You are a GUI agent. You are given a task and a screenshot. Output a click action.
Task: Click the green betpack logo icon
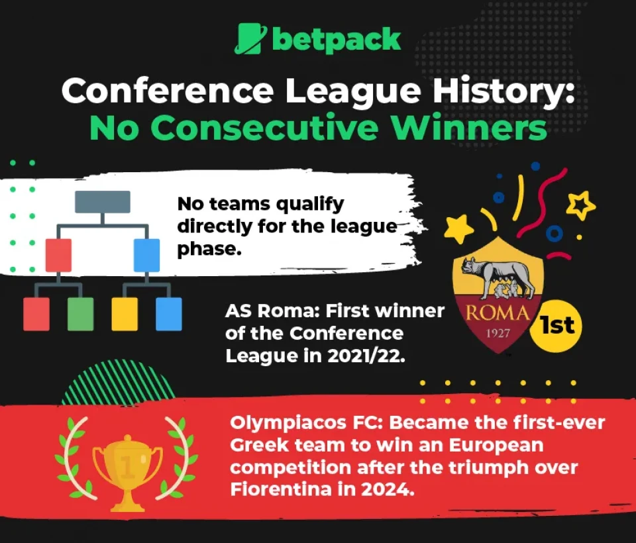click(x=250, y=39)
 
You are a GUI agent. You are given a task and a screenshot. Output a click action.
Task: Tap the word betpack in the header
click(x=336, y=40)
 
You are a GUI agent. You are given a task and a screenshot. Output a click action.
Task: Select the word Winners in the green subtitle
click(x=478, y=128)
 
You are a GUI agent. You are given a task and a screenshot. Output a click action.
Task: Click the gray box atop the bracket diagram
click(x=102, y=202)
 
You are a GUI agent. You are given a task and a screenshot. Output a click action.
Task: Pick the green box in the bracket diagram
click(x=80, y=314)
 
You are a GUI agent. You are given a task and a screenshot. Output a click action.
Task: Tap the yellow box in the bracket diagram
click(x=125, y=314)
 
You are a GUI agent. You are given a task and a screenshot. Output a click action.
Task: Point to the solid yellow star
click(x=458, y=229)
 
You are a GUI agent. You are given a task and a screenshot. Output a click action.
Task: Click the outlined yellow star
click(x=581, y=205)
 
